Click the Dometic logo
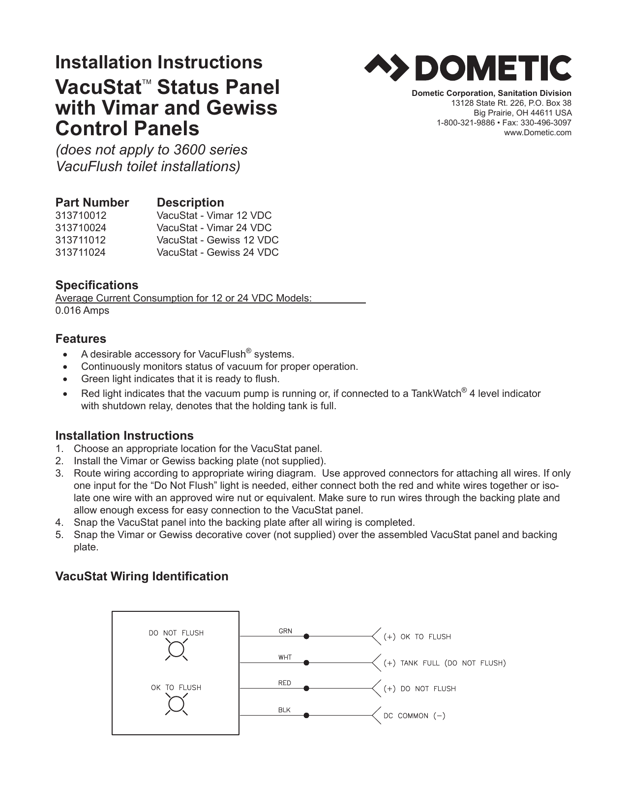[x=467, y=68]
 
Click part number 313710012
[x=81, y=215]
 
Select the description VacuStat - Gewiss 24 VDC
[x=217, y=252]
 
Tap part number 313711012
[x=81, y=240]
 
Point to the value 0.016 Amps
[x=82, y=310]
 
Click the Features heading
[x=81, y=339]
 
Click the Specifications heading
[x=96, y=285]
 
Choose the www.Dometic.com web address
[x=537, y=132]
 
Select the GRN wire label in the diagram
[x=285, y=631]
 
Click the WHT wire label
[x=285, y=657]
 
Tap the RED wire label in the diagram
[x=284, y=683]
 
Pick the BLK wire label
[x=284, y=710]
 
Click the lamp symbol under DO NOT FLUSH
[x=176, y=650]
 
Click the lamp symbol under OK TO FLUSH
[x=176, y=705]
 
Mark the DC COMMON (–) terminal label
[x=414, y=716]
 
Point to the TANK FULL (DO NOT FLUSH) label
[x=445, y=663]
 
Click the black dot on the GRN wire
[x=306, y=636]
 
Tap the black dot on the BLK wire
[x=306, y=715]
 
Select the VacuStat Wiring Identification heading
[x=142, y=576]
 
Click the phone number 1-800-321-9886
[x=466, y=122]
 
